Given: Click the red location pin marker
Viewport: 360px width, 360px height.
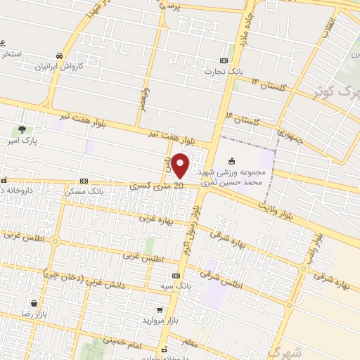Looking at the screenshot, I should (x=181, y=165).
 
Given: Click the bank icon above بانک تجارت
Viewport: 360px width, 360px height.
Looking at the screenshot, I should (x=224, y=60).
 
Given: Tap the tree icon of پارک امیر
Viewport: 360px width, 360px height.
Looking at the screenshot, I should (x=22, y=129).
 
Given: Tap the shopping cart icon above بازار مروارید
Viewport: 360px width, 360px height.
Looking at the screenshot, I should (x=160, y=309).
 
